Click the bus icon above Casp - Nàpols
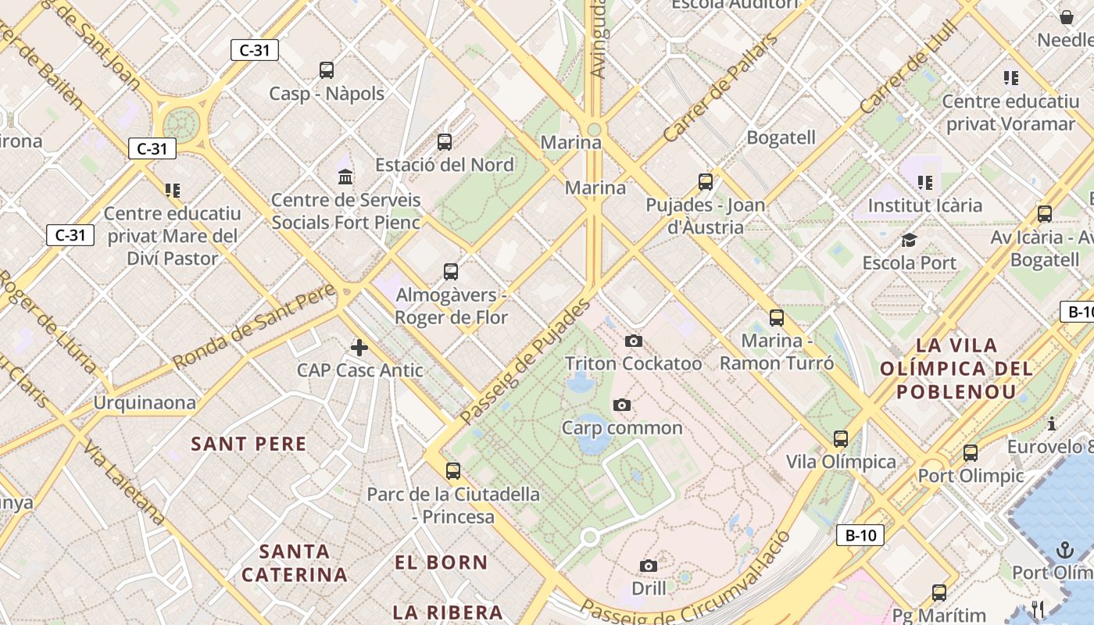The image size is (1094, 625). click(327, 70)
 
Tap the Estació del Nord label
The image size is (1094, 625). click(444, 165)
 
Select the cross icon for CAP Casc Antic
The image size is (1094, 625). click(359, 347)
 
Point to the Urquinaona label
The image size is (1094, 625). click(145, 402)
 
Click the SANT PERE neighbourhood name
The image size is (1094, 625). click(249, 445)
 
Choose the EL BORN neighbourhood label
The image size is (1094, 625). click(441, 562)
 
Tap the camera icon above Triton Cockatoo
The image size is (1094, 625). click(634, 341)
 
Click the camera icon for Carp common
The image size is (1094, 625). click(622, 405)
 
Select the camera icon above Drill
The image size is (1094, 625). click(648, 566)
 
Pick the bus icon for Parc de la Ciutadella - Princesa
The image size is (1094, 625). click(453, 471)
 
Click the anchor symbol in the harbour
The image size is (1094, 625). click(1065, 550)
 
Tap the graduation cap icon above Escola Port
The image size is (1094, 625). click(909, 240)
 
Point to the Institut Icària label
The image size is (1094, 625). click(925, 205)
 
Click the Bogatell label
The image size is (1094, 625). click(781, 137)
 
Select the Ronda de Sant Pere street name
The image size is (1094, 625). click(254, 327)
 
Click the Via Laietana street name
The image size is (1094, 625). click(124, 484)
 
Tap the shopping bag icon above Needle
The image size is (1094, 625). click(1067, 17)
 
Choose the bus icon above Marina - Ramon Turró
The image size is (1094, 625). click(776, 318)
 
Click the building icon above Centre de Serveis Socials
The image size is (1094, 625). click(345, 177)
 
